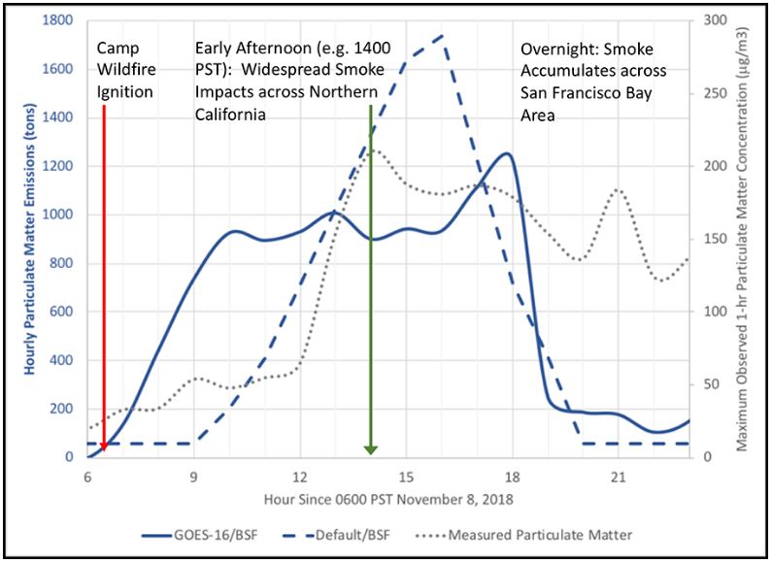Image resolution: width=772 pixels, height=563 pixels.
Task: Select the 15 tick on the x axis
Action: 406,478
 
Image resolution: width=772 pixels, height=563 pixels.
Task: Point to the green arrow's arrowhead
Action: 370,447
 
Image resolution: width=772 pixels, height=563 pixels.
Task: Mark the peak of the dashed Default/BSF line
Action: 443,36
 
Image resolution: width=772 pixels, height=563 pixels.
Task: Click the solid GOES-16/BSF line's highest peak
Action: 505,153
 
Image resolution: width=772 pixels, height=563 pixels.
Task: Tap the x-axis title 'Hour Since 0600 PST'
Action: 386,500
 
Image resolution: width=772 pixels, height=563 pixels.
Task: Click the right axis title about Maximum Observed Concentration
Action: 753,238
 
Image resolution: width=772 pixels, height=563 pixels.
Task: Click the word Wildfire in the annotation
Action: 121,70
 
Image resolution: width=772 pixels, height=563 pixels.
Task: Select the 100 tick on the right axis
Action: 711,312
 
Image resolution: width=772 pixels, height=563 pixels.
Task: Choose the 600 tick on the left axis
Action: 61,312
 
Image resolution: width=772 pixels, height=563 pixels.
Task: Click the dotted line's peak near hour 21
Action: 619,190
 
